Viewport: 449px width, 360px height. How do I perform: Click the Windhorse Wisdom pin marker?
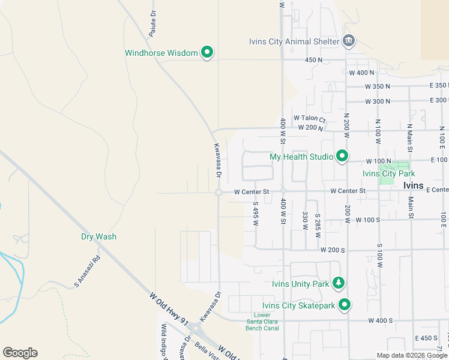click(x=207, y=53)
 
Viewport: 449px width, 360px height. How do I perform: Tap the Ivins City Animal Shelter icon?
click(x=349, y=41)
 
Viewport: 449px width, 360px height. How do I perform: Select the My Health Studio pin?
click(x=342, y=157)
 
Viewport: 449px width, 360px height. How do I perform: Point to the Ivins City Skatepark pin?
click(x=345, y=305)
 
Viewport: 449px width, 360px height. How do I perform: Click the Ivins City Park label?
click(x=386, y=173)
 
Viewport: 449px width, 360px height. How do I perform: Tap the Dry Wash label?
click(x=99, y=236)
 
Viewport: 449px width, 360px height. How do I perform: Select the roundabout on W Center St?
click(x=218, y=193)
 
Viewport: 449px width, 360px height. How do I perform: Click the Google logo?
click(x=20, y=353)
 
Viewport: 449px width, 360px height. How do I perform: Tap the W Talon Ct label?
click(x=309, y=118)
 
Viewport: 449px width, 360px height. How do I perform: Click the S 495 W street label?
click(x=255, y=213)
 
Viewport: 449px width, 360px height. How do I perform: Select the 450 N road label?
click(x=313, y=60)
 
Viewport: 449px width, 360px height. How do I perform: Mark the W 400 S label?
click(x=380, y=321)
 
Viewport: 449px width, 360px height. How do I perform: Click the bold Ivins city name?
click(x=413, y=186)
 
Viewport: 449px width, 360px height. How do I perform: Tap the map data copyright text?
click(x=412, y=355)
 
